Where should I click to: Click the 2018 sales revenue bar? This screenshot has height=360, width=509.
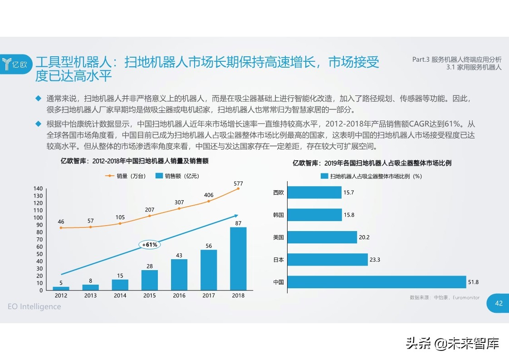(x=238, y=258)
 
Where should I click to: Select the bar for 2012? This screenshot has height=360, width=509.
(x=61, y=288)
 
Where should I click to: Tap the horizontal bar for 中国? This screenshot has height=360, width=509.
(x=377, y=282)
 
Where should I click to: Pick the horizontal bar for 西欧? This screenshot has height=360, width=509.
(x=314, y=192)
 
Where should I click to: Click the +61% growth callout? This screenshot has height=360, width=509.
(x=150, y=245)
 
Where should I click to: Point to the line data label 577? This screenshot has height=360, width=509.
(x=238, y=184)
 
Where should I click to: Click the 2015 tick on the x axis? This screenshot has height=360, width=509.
(x=149, y=296)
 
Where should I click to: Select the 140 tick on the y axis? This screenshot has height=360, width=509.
(x=38, y=188)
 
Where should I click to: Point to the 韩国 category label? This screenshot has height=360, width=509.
(x=279, y=215)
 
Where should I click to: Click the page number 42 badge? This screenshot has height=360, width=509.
(x=499, y=304)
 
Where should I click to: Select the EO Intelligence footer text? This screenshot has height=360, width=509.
(x=34, y=306)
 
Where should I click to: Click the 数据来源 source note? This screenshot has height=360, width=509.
(x=444, y=297)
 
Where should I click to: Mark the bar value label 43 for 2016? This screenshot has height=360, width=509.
(x=179, y=256)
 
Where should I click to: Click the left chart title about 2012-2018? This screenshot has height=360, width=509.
(x=135, y=161)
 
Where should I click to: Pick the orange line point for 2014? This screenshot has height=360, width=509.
(x=120, y=223)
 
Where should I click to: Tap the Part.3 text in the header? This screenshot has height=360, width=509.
(x=457, y=59)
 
